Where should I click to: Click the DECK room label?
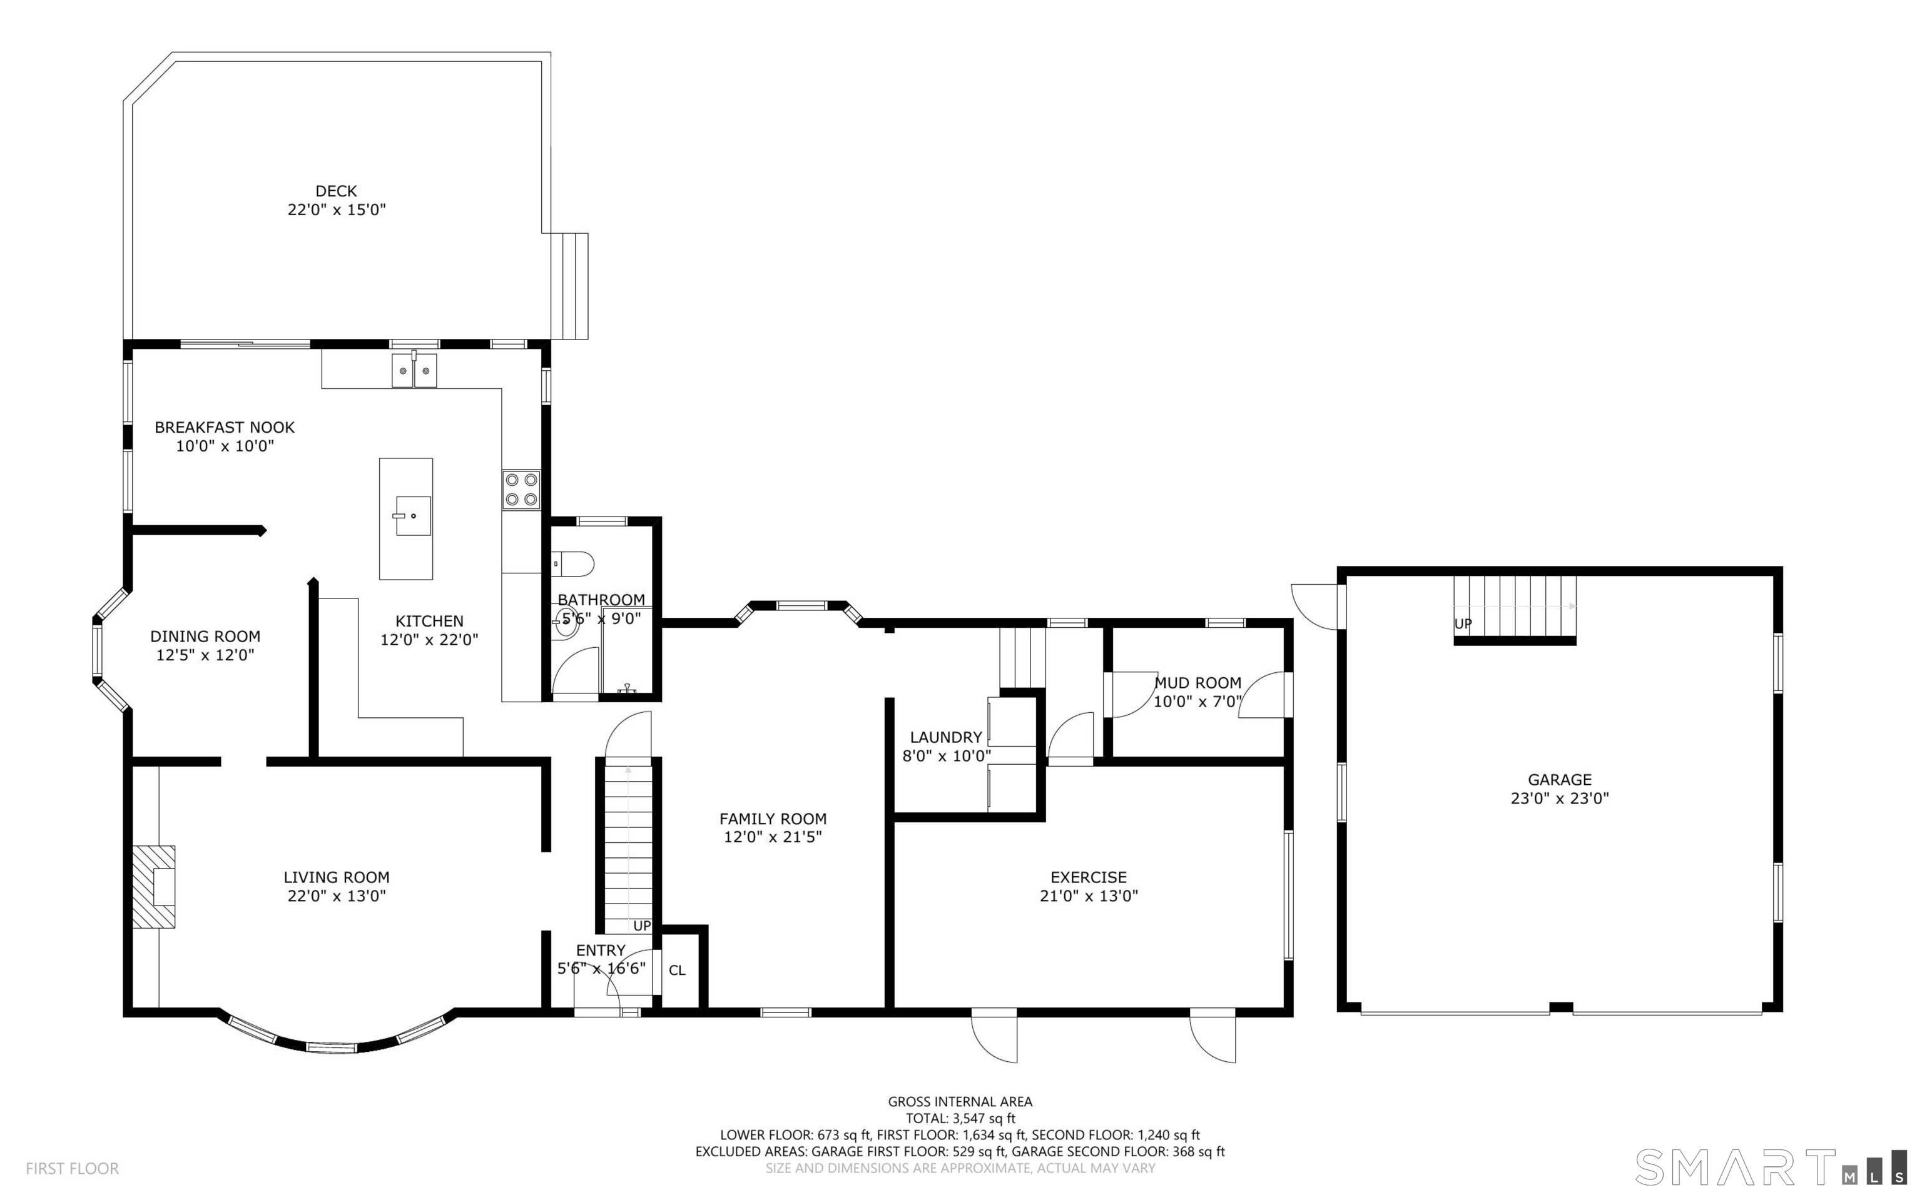(336, 191)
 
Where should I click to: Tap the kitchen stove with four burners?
(521, 490)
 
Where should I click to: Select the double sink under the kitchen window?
(414, 371)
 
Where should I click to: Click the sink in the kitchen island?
(413, 516)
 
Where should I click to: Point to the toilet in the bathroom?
(572, 564)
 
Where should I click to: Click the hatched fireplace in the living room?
(153, 887)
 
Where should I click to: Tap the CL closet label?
(676, 971)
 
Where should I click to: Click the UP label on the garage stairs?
(1463, 624)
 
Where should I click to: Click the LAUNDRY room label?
(945, 737)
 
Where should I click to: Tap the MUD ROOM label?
(1197, 682)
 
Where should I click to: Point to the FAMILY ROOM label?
(773, 819)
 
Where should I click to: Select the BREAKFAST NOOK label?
(225, 428)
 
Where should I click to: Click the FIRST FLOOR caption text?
(72, 1168)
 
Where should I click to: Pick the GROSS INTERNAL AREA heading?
(960, 1102)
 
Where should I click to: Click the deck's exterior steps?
(569, 286)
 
